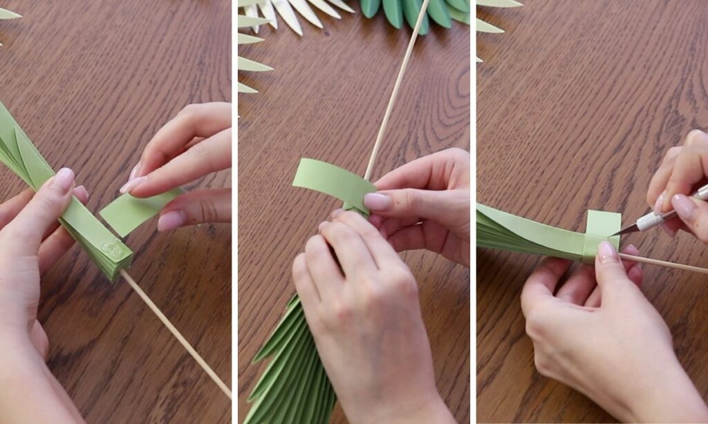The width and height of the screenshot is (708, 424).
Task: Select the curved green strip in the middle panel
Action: point(332,181)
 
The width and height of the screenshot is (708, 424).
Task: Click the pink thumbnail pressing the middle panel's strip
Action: point(378,201)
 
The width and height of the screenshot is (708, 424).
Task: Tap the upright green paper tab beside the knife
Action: point(603,224)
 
